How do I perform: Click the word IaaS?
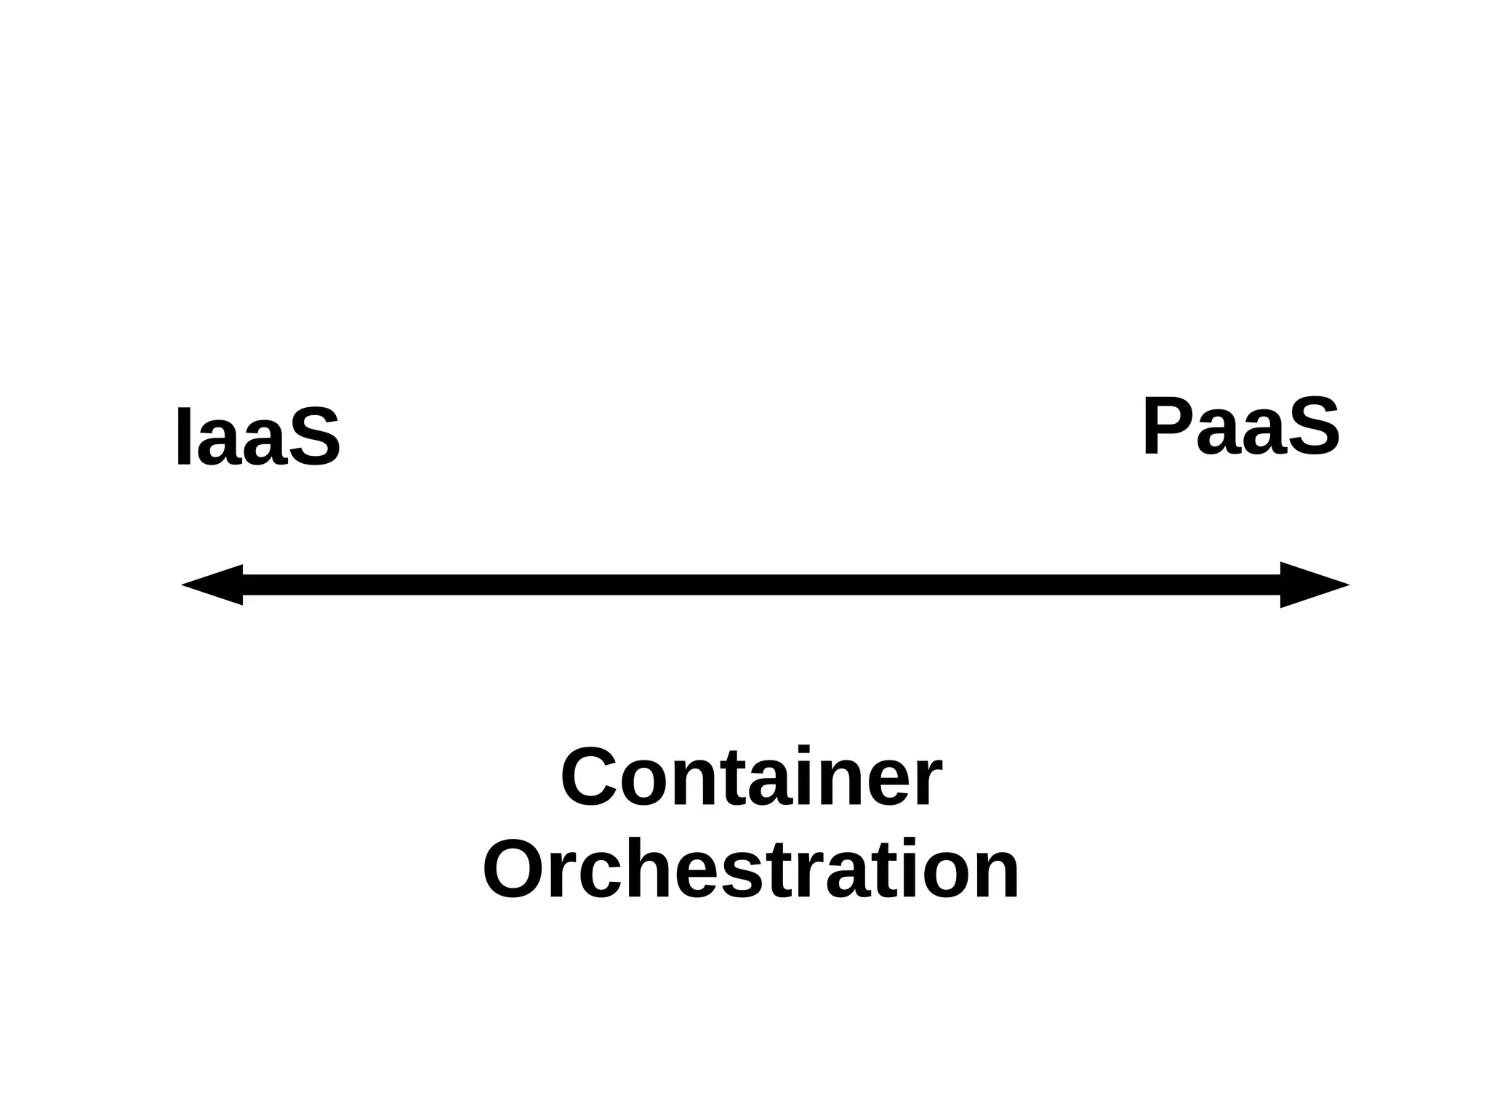(258, 437)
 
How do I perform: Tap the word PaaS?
(1240, 427)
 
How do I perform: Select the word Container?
(751, 778)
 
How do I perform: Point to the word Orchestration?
(751, 870)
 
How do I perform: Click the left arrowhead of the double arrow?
(212, 585)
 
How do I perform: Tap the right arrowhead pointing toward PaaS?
(1313, 585)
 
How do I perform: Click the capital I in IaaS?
(185, 437)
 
